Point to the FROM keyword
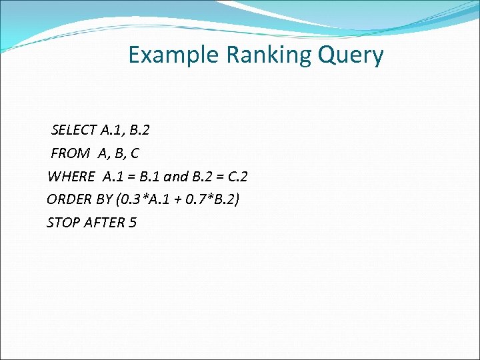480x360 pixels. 70,153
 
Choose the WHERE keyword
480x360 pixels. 71,177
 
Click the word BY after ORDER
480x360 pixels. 104,199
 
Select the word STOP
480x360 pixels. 63,223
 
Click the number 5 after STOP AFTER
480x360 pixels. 133,223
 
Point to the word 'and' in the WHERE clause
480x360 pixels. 176,177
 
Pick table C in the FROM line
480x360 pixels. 135,153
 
